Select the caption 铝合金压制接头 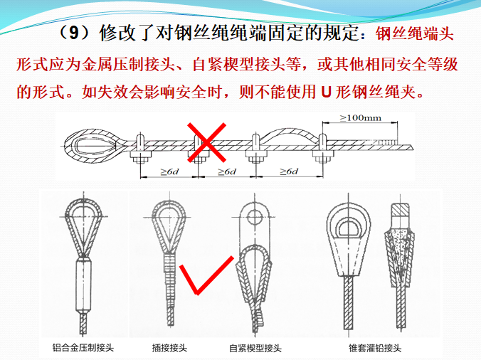coord(84,348)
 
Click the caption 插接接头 coord(169,348)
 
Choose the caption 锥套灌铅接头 coord(376,348)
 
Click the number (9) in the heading coord(75,33)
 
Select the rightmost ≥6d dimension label coord(288,172)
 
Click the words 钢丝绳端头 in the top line coord(413,33)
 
